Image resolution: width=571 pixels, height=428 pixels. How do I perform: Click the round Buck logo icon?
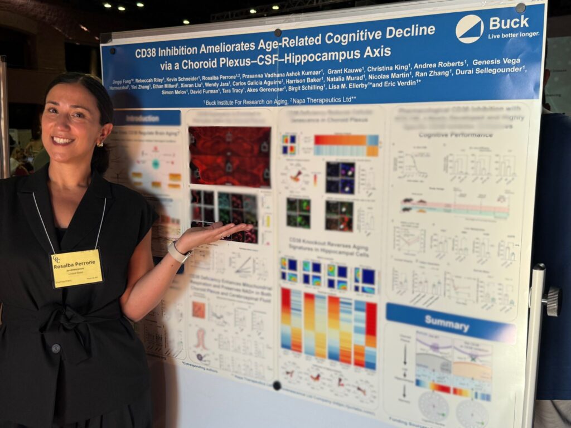click(x=470, y=28)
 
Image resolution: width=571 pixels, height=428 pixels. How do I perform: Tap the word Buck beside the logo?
click(x=509, y=23)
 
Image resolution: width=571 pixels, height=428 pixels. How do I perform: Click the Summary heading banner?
click(x=451, y=320)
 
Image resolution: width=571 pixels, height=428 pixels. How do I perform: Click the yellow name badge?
click(x=76, y=267)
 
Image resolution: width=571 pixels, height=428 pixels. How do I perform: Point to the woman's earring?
click(x=100, y=144)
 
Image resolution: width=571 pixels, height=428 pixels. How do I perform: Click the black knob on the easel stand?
click(x=551, y=301)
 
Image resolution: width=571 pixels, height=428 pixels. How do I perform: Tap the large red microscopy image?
click(x=229, y=156)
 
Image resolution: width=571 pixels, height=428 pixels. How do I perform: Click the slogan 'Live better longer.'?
click(x=514, y=35)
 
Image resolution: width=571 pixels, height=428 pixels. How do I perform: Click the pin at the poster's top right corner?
click(x=520, y=8)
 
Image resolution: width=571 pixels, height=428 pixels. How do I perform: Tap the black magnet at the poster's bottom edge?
click(x=277, y=385)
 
